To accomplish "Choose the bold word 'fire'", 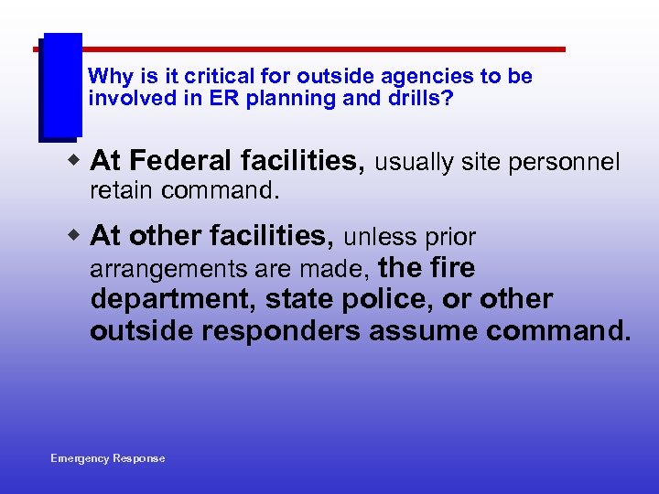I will click(x=448, y=268).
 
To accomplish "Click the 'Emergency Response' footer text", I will click(x=108, y=458).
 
